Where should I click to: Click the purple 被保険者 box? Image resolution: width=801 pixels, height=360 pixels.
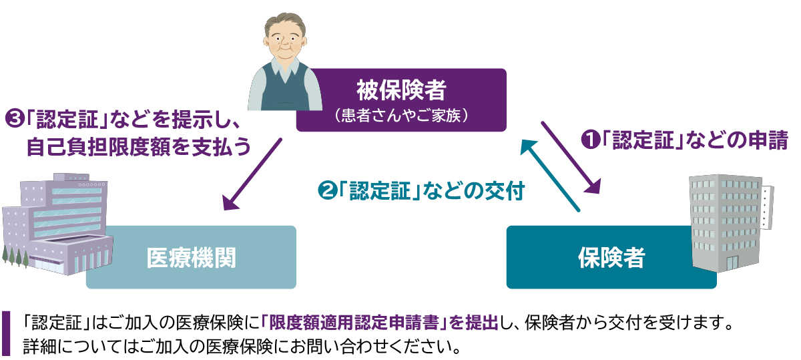pyautogui.click(x=400, y=99)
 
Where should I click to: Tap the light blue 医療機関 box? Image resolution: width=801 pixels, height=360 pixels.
pyautogui.click(x=191, y=257)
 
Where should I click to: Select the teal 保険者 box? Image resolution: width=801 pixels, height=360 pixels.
pyautogui.click(x=611, y=257)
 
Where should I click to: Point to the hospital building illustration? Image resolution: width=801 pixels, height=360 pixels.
pyautogui.click(x=57, y=220)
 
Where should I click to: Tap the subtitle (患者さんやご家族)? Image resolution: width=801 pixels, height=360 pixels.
pyautogui.click(x=400, y=115)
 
